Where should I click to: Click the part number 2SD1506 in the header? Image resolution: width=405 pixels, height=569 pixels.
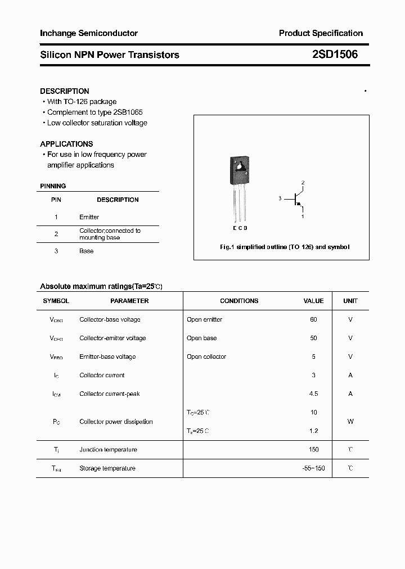pos(334,55)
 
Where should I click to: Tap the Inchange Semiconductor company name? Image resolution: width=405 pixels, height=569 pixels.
pos(89,33)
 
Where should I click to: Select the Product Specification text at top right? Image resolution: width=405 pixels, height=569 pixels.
pos(321,33)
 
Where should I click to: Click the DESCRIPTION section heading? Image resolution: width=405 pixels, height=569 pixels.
pos(65,91)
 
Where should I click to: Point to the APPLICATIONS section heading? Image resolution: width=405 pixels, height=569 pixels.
pos(66,144)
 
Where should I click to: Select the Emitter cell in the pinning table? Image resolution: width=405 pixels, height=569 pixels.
pos(89,217)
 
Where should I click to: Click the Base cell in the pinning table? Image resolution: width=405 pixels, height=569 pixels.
pos(86,251)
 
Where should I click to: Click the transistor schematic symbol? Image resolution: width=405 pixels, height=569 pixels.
pos(297,199)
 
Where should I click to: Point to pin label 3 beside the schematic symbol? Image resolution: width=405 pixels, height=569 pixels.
pos(280,199)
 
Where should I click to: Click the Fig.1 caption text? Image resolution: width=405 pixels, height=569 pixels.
pos(284,247)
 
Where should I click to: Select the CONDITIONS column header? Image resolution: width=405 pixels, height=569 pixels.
pos(239,301)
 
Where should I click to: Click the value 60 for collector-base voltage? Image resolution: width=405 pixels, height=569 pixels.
pos(313,319)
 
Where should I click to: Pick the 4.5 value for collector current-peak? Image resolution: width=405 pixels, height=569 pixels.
pos(313,394)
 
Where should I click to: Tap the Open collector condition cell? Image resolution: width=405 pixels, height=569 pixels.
pos(206,356)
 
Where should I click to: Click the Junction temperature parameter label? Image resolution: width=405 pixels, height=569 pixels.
pos(108,450)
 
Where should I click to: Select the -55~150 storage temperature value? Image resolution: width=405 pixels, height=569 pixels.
pos(313,468)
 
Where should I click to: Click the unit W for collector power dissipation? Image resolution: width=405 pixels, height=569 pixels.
pos(350,422)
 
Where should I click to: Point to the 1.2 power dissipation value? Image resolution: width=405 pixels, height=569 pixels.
pos(313,431)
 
